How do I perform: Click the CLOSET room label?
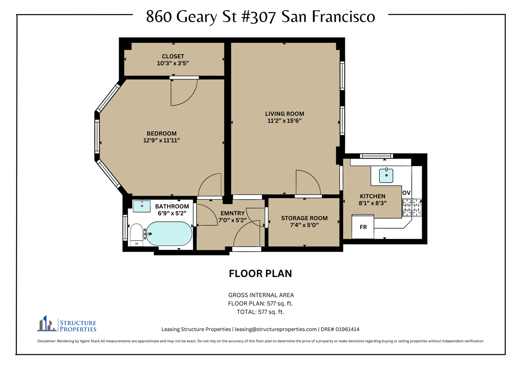click(x=173, y=56)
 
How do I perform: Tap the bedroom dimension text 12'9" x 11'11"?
click(x=161, y=140)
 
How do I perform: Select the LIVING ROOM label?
click(x=284, y=114)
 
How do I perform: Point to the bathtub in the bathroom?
click(x=169, y=234)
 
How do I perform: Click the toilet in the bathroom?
click(x=136, y=235)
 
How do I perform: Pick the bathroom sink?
click(x=142, y=206)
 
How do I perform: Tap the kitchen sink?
click(x=386, y=176)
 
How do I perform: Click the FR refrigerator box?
click(x=363, y=227)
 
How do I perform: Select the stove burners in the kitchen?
click(x=412, y=207)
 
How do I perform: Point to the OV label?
click(x=406, y=193)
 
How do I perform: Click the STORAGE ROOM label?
click(x=304, y=218)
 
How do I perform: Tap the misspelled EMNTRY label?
click(x=233, y=213)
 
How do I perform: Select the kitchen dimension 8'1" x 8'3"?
click(x=372, y=203)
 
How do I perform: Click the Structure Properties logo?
click(x=66, y=324)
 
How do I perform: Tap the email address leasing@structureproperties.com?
click(x=276, y=329)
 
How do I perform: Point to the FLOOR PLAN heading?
click(x=260, y=273)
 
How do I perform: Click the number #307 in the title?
click(x=259, y=17)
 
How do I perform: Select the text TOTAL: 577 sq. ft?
click(x=260, y=312)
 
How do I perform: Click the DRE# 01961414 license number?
click(x=340, y=329)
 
